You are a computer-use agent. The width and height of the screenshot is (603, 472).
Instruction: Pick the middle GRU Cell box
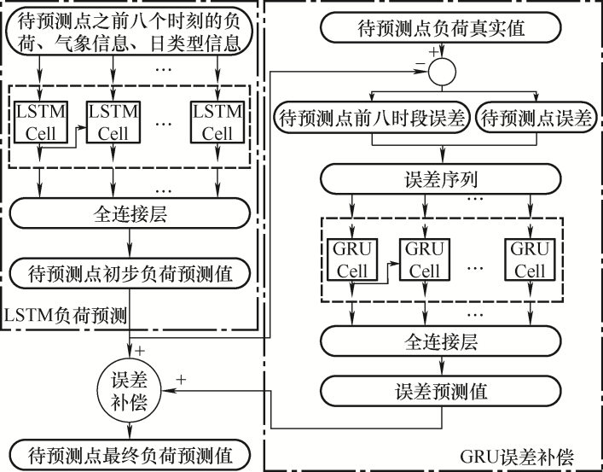coord(424,260)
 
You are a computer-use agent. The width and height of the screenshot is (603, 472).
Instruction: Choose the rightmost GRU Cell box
coord(529,260)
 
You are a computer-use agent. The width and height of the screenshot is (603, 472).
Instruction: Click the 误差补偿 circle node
coord(129,389)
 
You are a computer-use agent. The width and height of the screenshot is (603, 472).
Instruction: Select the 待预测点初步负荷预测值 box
coord(130,276)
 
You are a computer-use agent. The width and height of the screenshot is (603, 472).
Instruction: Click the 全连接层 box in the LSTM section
coord(130,213)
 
